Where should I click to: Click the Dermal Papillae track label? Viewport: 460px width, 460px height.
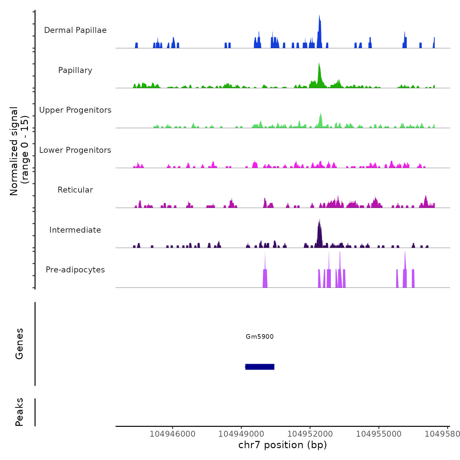coord(75,30)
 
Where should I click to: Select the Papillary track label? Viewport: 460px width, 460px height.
coord(75,70)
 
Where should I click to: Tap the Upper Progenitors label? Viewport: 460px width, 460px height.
coord(75,110)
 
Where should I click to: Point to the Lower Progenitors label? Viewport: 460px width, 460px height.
coord(75,150)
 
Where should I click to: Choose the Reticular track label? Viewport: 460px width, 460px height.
coord(75,190)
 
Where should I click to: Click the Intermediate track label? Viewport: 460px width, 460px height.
coord(75,230)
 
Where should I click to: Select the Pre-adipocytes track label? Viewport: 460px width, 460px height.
coord(75,270)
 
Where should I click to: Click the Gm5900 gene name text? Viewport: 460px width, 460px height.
coord(260,336)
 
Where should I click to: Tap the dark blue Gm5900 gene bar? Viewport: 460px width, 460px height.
coord(260,367)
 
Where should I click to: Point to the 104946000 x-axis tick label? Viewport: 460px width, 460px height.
coord(172,434)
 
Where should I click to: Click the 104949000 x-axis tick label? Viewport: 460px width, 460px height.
coord(241,434)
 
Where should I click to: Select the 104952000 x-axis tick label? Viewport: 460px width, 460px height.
coord(310,434)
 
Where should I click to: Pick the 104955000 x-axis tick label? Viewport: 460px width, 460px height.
coord(379,434)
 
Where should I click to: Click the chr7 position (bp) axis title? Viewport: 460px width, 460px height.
coord(283,445)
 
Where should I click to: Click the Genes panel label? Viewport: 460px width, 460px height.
coord(19,344)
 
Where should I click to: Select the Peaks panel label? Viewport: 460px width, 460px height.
coord(19,412)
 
